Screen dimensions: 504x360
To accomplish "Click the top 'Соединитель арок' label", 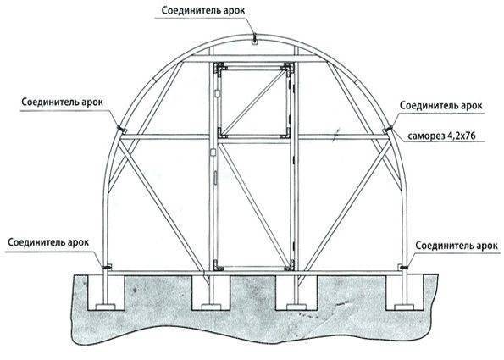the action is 203,11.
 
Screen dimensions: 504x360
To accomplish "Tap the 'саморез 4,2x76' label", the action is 441,136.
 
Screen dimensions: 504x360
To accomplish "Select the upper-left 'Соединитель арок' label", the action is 63,102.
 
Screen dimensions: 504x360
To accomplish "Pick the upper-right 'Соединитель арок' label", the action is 441,105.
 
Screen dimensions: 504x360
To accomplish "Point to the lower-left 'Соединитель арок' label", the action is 48,242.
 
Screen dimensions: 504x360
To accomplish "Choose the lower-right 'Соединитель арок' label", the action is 457,246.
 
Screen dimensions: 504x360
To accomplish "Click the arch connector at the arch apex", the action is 254,39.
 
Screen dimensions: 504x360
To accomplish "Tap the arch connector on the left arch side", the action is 122,130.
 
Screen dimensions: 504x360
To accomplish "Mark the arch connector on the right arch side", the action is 387,130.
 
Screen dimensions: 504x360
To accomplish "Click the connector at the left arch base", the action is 107,267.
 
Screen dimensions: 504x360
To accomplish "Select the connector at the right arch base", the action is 403,267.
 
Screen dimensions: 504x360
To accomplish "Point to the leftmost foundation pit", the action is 106,292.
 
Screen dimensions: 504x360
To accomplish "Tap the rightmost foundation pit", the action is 404,292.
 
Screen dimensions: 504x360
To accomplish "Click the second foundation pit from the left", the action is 211,292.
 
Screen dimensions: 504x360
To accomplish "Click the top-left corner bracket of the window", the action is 220,69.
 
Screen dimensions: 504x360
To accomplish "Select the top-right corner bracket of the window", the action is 286,69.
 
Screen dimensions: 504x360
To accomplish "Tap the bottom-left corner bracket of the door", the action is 219,265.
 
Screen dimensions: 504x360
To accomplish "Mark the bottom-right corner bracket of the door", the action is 290,265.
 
